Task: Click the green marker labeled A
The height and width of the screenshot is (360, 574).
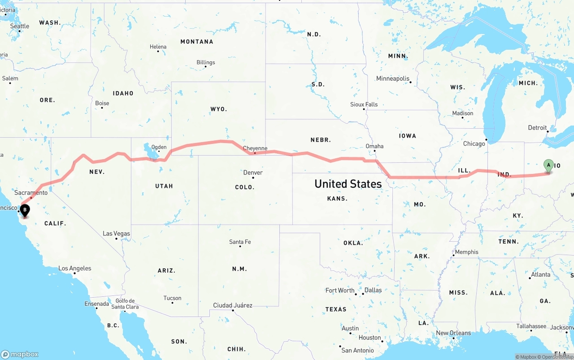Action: tap(548, 165)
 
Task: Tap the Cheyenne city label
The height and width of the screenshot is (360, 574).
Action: tap(255, 148)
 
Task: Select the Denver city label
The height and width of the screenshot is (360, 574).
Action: tap(253, 173)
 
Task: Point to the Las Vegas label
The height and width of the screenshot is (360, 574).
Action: tap(116, 234)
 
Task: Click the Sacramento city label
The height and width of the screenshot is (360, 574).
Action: tap(30, 193)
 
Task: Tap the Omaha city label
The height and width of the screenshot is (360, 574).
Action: tap(374, 146)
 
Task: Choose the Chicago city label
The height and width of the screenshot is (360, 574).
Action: tap(474, 144)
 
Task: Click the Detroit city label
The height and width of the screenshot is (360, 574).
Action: tap(537, 128)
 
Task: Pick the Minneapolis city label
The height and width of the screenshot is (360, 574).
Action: tap(393, 78)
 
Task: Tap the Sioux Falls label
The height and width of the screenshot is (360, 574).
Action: tap(364, 104)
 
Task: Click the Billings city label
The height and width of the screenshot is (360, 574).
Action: tap(205, 62)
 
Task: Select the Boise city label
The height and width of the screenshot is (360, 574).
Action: tap(102, 103)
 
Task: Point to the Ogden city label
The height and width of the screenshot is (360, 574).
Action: tap(159, 147)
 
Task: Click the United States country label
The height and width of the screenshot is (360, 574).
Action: tap(348, 184)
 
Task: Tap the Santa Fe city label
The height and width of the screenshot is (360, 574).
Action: tap(240, 242)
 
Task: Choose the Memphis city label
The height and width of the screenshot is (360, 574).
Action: tap(466, 252)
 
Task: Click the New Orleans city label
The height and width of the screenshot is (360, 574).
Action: tap(453, 333)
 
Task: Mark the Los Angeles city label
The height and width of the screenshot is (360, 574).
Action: tap(74, 269)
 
